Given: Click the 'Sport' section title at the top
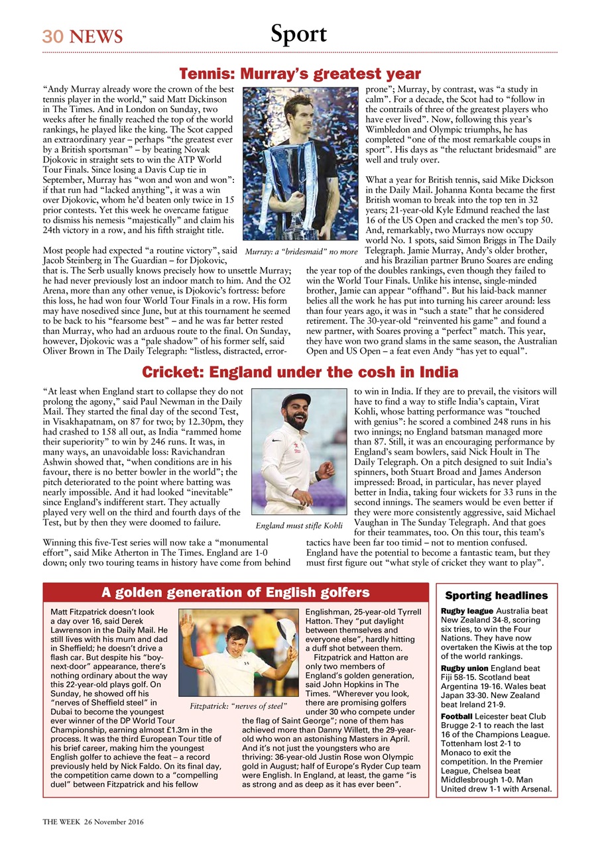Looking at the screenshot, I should [x=298, y=34].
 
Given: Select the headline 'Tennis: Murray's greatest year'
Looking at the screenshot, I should [x=300, y=73].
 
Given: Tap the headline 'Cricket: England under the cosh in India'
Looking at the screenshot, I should [x=300, y=372].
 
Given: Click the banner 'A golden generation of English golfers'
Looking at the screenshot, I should [x=235, y=592].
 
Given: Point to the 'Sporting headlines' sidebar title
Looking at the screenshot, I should [x=497, y=596].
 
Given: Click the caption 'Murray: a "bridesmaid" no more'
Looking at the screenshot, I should [x=302, y=252].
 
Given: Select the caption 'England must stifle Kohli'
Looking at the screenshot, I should [x=299, y=525].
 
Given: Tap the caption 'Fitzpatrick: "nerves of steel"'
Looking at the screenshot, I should [x=239, y=706].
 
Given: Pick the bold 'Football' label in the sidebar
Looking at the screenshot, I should [x=456, y=717].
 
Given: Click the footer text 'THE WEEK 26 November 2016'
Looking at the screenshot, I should [x=93, y=821].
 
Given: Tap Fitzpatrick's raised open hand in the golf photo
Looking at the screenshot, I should [x=188, y=623].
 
